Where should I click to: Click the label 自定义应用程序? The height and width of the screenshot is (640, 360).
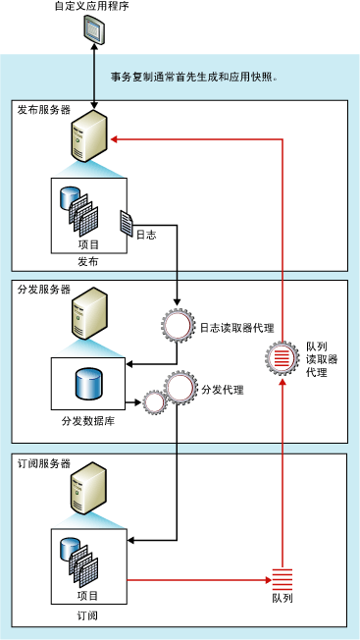click(93, 8)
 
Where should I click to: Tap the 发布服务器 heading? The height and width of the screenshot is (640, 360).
click(44, 111)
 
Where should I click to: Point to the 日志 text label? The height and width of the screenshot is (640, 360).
click(146, 235)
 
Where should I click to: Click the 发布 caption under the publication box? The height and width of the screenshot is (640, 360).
click(87, 262)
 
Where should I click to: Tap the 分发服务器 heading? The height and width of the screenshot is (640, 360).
click(44, 290)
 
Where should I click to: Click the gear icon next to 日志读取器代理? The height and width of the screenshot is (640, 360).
click(180, 325)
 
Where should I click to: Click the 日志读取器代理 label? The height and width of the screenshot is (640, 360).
click(236, 327)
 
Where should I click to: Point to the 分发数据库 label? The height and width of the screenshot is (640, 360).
click(87, 421)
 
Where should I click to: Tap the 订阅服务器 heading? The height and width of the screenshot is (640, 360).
click(44, 462)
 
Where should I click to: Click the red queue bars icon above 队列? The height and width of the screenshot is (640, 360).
click(282, 578)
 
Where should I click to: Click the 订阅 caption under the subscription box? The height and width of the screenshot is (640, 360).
click(87, 614)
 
